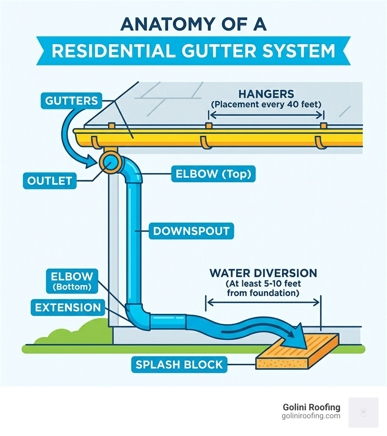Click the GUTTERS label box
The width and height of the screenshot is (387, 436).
point(71,101)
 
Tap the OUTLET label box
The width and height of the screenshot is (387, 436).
point(49,181)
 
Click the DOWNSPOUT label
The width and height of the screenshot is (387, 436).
point(191,230)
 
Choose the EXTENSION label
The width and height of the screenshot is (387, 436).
point(68,307)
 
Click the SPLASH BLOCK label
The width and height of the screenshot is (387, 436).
point(179,365)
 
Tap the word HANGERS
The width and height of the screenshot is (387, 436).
point(266,94)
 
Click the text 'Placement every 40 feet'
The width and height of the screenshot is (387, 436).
point(266,104)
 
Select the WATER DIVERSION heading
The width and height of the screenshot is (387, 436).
point(263,273)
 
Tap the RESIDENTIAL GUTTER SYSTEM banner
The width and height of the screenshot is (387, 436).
point(193,51)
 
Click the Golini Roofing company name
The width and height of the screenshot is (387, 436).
point(311,407)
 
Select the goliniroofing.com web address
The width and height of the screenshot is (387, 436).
point(311,416)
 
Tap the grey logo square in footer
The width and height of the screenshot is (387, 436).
point(363,412)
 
